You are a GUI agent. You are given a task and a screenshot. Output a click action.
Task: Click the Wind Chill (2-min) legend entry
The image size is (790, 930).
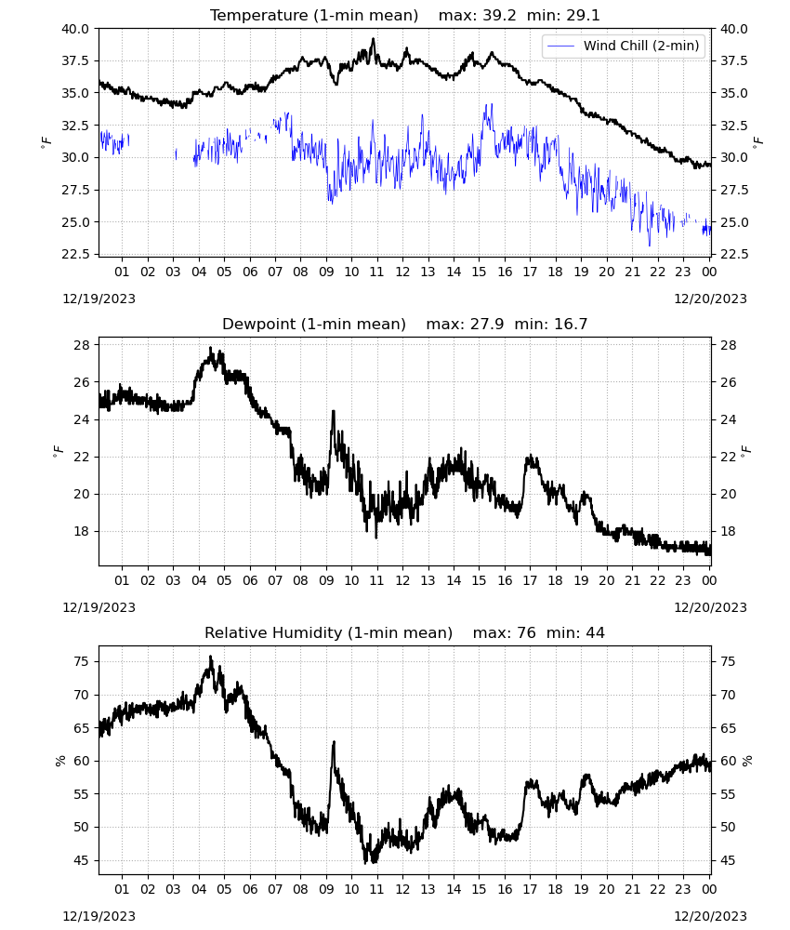(x=624, y=46)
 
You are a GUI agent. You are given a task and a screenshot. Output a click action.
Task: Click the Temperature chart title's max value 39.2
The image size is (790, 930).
(x=499, y=16)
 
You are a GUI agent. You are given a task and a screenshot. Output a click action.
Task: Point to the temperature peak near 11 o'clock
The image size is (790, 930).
(x=373, y=39)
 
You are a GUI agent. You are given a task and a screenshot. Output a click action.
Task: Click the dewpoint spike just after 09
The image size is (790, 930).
(x=333, y=412)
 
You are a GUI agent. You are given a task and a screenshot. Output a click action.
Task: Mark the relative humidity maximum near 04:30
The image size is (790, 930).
(x=210, y=658)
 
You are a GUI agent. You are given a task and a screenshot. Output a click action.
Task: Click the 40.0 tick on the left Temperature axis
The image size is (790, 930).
(x=75, y=29)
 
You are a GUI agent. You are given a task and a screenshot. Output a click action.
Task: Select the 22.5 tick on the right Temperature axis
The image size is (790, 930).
(x=733, y=255)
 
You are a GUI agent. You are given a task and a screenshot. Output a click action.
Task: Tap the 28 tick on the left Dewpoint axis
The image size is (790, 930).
(x=82, y=345)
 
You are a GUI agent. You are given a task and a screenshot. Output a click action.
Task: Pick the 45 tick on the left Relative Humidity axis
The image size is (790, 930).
(x=82, y=860)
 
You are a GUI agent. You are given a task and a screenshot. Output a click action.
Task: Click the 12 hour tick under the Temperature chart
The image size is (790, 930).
(x=402, y=272)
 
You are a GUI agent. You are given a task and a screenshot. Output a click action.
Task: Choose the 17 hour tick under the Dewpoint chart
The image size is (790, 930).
(x=530, y=580)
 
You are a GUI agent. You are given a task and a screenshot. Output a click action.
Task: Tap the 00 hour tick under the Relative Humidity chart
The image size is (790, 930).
(x=709, y=889)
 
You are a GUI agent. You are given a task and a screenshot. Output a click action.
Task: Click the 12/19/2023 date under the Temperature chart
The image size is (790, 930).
(x=99, y=299)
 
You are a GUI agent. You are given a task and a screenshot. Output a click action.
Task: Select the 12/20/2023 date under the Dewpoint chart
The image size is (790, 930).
(x=710, y=607)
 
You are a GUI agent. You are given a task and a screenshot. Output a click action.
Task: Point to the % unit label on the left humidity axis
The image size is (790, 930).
(x=60, y=761)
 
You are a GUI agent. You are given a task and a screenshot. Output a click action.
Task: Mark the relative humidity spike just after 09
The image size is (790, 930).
(x=334, y=742)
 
